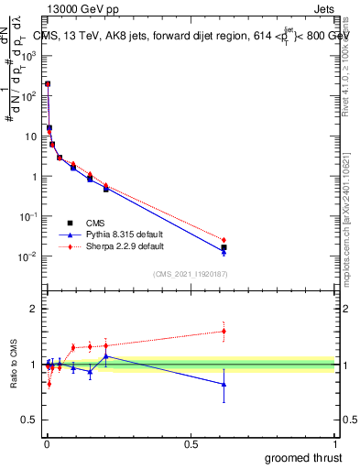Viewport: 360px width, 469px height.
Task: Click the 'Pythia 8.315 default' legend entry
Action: click(x=117, y=234)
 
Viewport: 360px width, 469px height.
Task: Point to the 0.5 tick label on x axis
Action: click(x=191, y=444)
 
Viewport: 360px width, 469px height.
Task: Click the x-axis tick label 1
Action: click(x=336, y=444)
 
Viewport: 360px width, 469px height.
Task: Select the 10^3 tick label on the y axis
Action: click(x=28, y=56)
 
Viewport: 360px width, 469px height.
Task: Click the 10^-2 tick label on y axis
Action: click(x=27, y=256)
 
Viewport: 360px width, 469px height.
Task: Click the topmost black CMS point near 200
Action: click(x=48, y=83)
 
